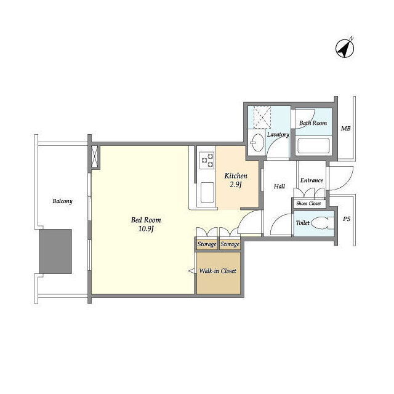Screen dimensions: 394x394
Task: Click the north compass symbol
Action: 345,48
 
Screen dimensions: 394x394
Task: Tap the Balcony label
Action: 62,201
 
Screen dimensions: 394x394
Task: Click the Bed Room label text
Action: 146,220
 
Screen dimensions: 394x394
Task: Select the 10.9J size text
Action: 146,229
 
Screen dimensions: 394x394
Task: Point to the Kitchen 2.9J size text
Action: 236,185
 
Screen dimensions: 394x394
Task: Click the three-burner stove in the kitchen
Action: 207,161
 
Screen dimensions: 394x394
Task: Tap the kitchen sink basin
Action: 207,193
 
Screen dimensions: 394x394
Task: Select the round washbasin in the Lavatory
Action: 257,142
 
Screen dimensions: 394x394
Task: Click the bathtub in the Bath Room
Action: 313,146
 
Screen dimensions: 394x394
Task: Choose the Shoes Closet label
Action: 308,203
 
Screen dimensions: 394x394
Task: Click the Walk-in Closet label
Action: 217,271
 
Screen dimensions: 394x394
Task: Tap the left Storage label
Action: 207,244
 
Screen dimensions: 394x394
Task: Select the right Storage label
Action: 230,244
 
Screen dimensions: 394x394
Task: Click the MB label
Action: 345,129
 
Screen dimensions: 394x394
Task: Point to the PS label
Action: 347,219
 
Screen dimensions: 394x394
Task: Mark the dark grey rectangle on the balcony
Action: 56,251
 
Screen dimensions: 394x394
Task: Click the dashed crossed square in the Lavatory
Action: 262,117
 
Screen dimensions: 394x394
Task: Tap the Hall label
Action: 279,186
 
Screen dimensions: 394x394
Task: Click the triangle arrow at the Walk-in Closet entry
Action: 191,271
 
